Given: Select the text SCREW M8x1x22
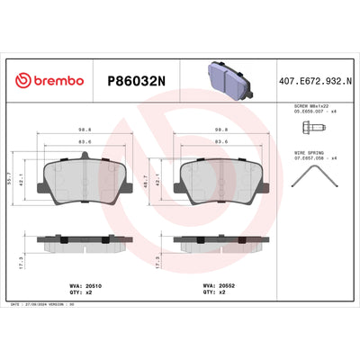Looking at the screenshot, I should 310,105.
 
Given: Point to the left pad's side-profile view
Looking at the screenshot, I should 86,243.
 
